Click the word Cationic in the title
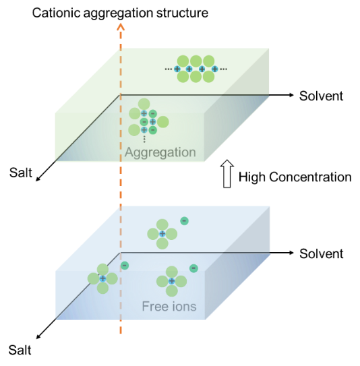[57, 13]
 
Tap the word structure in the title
[182, 13]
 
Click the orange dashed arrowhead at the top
[121, 27]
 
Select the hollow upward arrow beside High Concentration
[227, 174]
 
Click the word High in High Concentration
[252, 177]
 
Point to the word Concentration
[310, 177]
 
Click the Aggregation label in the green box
[160, 152]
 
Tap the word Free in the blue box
[154, 306]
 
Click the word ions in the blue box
[183, 306]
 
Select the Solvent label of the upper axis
[322, 96]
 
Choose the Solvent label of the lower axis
[322, 253]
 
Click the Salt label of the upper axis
[20, 173]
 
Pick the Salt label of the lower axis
[20, 350]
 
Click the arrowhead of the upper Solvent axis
[291, 95]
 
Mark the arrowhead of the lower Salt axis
[38, 337]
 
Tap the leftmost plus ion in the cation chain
[177, 69]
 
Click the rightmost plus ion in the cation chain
[215, 69]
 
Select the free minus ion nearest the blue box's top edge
[184, 221]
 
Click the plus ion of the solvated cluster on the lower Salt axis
[102, 278]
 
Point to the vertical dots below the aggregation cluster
[144, 139]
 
